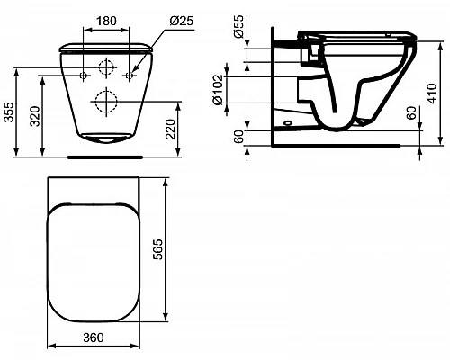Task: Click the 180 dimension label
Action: pos(106,21)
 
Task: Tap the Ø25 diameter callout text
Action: pos(182,21)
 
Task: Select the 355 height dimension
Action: pos(10,112)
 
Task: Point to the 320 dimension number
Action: pos(35,116)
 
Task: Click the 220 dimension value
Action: pos(171,130)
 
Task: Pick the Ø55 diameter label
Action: pos(239,26)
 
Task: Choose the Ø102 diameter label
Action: pos(219,90)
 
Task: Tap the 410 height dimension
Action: pos(432,94)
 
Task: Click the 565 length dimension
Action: pos(157,249)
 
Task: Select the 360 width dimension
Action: pos(94,337)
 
